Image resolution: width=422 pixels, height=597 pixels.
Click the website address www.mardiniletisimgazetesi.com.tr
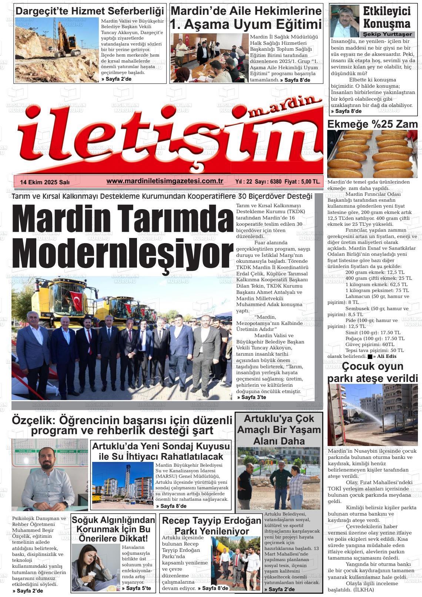coord(165,181)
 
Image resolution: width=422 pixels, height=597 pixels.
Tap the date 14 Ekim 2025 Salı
coord(45,182)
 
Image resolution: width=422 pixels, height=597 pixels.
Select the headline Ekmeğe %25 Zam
coord(372,124)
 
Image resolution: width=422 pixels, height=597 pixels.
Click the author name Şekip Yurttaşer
coord(387,34)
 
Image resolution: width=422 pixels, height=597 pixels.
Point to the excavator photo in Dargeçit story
coord(57,50)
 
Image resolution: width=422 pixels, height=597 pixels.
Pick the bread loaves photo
coord(372,154)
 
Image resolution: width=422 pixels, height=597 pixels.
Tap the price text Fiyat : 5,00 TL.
coord(303,182)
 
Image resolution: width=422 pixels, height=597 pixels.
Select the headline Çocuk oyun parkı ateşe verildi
coord(372,372)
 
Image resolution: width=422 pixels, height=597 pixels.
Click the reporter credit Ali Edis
coord(386,356)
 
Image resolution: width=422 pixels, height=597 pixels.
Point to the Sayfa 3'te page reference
coord(252,397)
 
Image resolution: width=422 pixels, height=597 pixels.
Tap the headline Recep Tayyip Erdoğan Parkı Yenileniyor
coord(211,526)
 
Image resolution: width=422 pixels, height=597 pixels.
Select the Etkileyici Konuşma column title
coord(386,17)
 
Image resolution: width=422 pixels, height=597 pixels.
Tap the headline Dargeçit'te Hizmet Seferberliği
coord(90,11)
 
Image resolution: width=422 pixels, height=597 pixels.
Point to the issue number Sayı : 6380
coord(268,182)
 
